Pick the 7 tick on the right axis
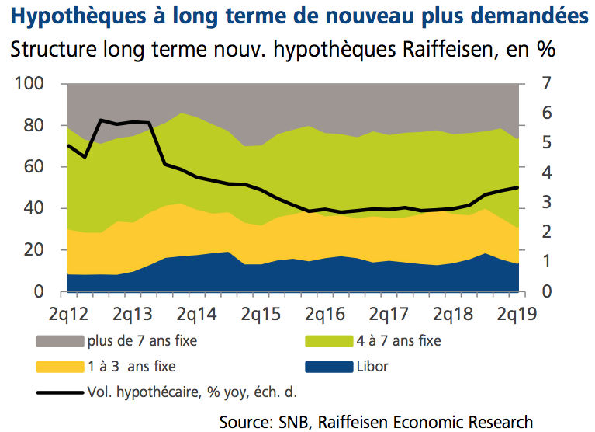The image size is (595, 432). (x=546, y=83)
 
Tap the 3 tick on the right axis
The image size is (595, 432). (x=546, y=202)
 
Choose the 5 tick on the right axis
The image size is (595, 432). (x=546, y=143)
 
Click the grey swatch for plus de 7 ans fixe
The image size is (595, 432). (x=60, y=340)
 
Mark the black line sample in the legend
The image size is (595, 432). (x=60, y=391)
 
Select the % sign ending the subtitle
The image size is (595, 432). (x=545, y=51)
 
